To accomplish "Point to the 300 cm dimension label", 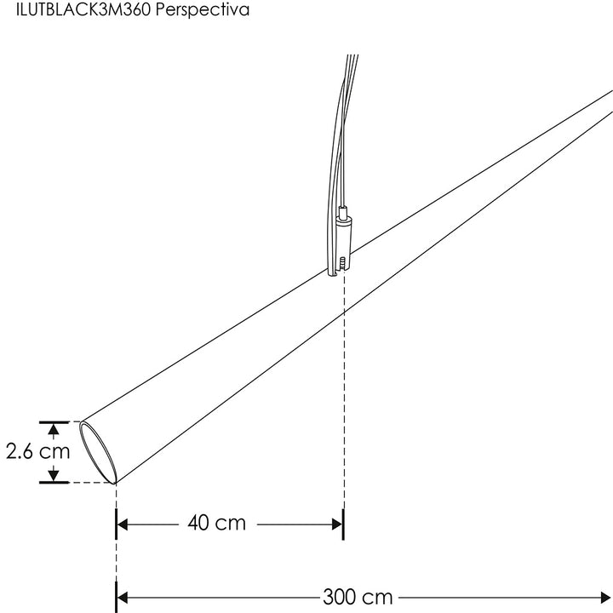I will click(x=358, y=597).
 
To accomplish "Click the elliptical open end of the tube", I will click(x=98, y=451).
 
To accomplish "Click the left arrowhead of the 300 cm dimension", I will click(x=123, y=597).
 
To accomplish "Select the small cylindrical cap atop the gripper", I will click(x=343, y=212).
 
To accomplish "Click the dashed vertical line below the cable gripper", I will click(x=343, y=383).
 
